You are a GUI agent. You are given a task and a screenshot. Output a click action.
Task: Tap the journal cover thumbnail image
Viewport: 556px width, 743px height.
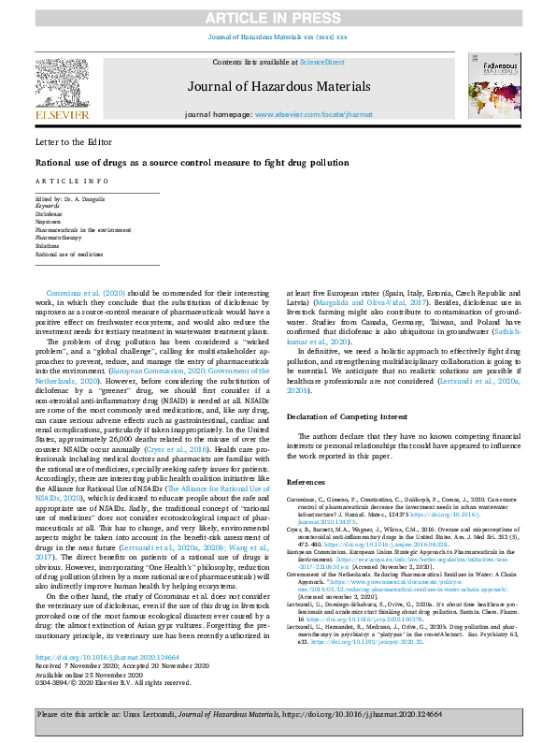pyautogui.click(x=494, y=87)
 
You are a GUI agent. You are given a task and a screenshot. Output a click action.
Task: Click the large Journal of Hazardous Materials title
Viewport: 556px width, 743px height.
pyautogui.click(x=278, y=85)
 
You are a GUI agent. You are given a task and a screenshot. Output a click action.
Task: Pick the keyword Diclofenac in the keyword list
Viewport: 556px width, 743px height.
pyautogui.click(x=50, y=214)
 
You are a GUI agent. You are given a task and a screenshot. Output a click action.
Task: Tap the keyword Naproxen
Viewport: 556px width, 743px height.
pyautogui.click(x=48, y=222)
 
